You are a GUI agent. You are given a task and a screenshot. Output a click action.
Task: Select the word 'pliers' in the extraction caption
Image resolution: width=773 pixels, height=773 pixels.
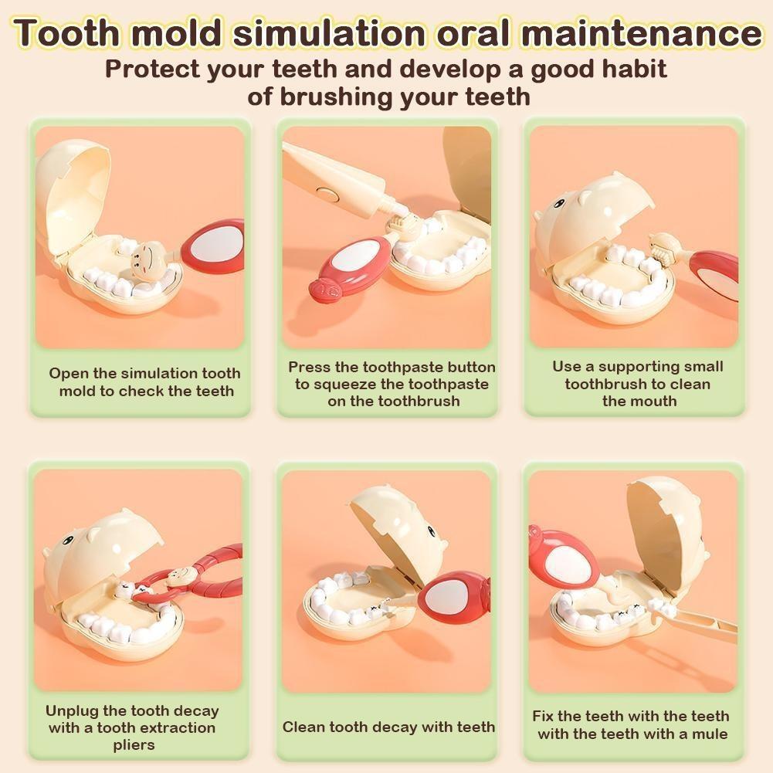click(134, 745)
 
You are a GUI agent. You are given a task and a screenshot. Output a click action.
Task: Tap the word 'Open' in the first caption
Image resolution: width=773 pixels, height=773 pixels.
click(66, 374)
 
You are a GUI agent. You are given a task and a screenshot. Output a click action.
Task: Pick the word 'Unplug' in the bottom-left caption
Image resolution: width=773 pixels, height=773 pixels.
click(72, 711)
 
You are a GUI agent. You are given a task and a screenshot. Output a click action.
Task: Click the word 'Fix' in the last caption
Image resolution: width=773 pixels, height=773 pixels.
click(543, 717)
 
